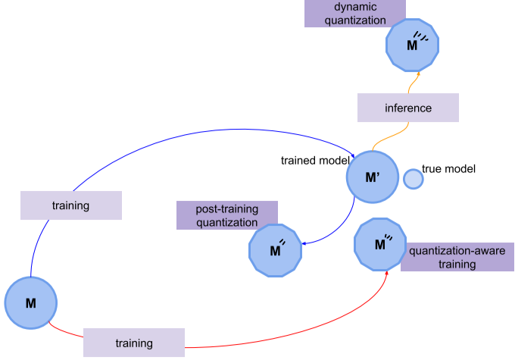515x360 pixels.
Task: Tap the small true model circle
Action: [413, 179]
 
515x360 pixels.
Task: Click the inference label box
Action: [408, 108]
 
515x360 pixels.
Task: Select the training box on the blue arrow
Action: [71, 205]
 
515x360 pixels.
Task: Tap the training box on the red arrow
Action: [134, 343]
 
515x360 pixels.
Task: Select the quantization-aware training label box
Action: [457, 257]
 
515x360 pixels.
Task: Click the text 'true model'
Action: [448, 169]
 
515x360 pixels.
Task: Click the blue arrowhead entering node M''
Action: [304, 243]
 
